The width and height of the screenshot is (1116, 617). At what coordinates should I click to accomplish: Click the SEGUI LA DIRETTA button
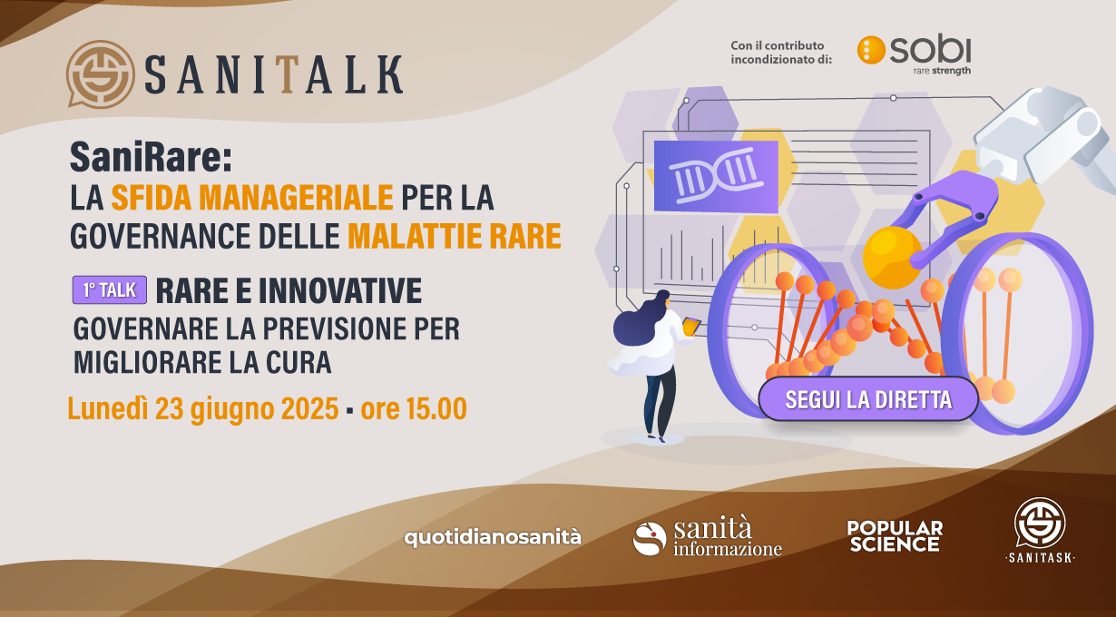868,399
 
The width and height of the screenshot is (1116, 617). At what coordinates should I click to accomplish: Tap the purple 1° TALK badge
110,289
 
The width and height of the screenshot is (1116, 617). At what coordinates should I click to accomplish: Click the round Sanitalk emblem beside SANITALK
100,73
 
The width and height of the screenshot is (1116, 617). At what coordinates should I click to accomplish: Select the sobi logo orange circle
871,50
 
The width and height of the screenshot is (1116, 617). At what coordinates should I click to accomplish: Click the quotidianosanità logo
493,537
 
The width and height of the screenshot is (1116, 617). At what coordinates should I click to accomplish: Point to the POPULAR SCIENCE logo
895,536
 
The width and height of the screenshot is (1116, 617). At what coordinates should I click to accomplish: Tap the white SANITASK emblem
1041,531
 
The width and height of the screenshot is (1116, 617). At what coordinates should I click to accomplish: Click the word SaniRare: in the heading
151,156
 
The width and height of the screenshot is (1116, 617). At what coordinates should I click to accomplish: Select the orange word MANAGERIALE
296,198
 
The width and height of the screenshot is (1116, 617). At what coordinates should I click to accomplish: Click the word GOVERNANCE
160,236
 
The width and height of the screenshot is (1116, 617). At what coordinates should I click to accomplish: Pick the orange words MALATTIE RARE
455,236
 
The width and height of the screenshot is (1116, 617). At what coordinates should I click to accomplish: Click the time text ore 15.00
414,408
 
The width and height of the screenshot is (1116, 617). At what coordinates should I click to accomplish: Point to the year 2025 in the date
310,408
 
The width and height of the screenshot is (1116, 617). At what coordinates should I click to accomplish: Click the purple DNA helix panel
716,176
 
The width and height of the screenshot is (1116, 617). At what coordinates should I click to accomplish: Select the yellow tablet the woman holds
691,327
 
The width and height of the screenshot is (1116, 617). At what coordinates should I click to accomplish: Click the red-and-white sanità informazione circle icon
649,539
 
